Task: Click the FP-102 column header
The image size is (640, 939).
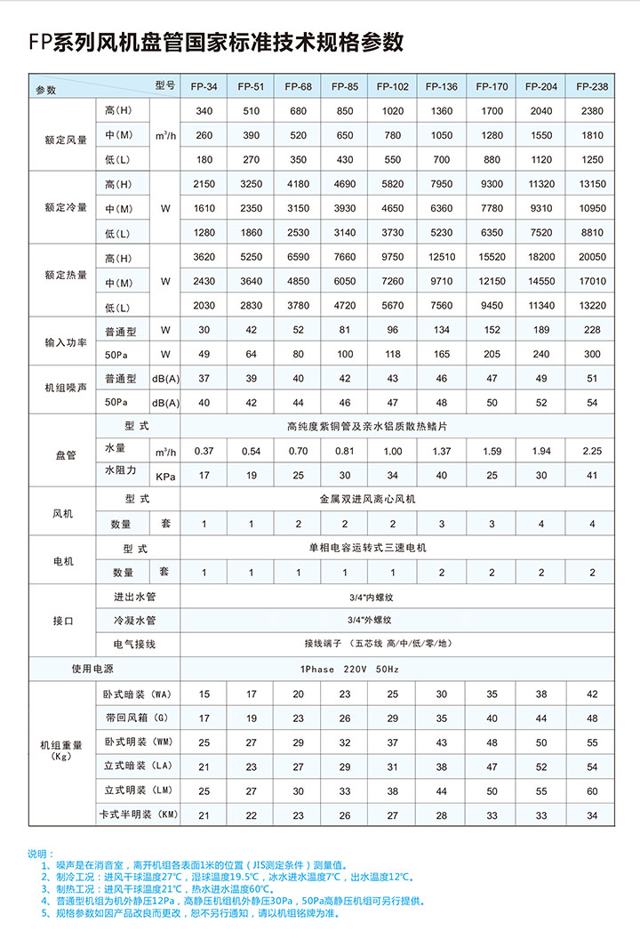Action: point(393,86)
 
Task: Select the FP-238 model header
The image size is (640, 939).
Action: point(592,86)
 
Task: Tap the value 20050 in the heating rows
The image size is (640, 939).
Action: point(592,258)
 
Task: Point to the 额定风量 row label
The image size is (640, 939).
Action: point(66,140)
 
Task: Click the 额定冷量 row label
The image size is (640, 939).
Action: point(66,208)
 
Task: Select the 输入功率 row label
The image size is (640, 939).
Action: point(66,342)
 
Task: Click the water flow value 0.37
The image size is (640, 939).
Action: point(204,451)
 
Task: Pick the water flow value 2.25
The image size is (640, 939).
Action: point(592,451)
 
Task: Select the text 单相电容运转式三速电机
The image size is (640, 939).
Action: point(368,548)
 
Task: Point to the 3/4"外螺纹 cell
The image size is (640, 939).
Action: point(368,619)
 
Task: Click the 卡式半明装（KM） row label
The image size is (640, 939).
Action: point(141,815)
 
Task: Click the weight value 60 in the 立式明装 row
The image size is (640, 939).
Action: point(592,791)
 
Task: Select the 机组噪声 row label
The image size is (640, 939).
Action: point(66,390)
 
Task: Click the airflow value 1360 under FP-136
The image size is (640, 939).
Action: point(442,111)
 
